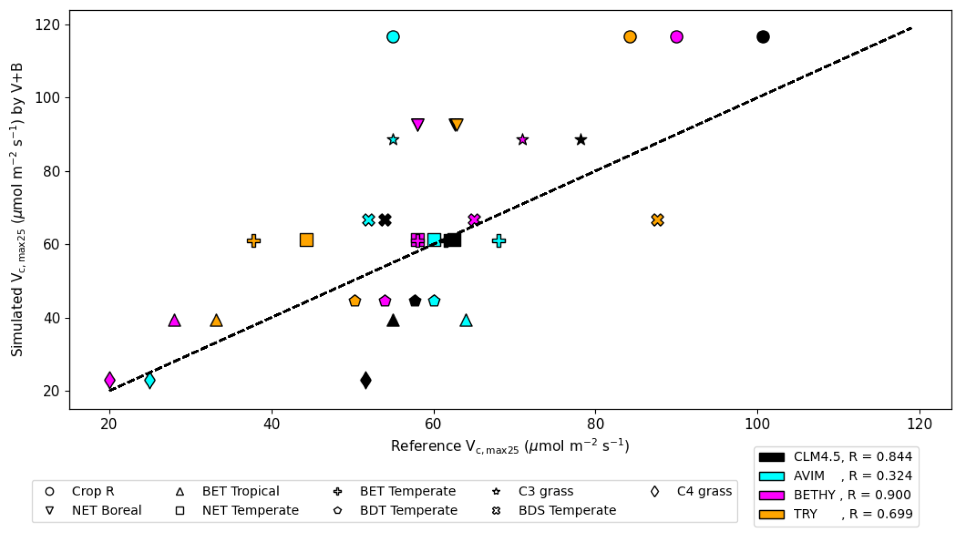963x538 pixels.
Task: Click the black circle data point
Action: (763, 37)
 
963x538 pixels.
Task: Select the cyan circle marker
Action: (393, 37)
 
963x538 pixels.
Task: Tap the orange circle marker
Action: (630, 37)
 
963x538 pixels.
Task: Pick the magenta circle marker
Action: (676, 37)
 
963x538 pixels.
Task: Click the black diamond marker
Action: (366, 381)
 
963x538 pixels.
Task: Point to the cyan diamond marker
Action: (150, 381)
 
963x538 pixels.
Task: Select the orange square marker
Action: (307, 240)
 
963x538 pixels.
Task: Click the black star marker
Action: (581, 140)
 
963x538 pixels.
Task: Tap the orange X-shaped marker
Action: (657, 220)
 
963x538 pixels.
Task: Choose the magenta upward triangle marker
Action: (174, 321)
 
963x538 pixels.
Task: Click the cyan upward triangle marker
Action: (466, 321)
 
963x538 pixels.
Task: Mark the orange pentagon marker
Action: (354, 301)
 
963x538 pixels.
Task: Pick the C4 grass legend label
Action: (704, 491)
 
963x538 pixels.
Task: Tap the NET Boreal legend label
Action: (106, 510)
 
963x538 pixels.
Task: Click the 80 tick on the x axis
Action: (596, 424)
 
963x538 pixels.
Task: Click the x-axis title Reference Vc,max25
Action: (509, 446)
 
